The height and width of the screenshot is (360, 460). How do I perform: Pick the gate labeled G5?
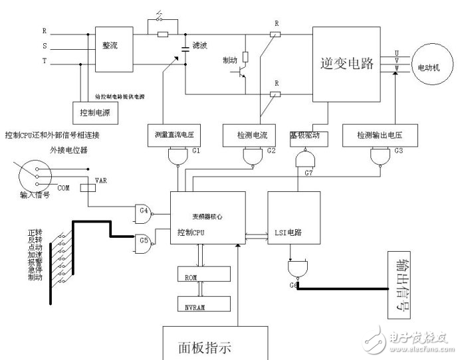click(144, 238)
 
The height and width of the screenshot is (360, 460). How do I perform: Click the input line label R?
click(45, 31)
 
